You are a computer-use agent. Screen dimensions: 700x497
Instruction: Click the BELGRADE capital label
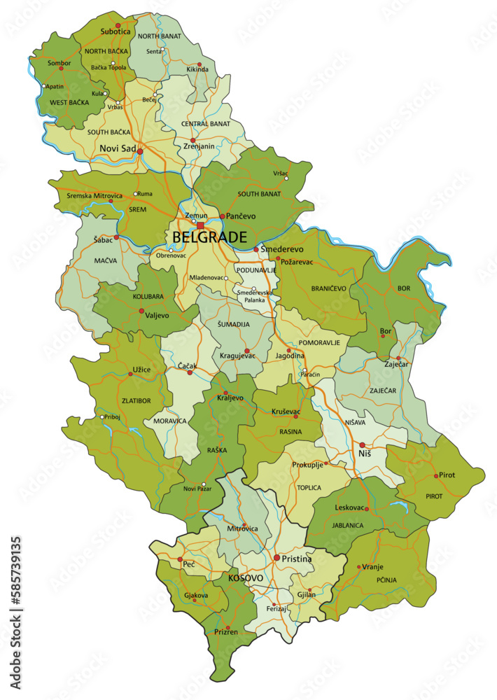click(209, 237)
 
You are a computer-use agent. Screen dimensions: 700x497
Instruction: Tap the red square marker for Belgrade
click(200, 225)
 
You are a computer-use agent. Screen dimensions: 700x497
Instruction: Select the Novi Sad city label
click(118, 148)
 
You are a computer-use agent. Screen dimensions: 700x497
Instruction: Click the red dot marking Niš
click(362, 444)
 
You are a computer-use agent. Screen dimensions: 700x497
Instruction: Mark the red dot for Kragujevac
click(246, 351)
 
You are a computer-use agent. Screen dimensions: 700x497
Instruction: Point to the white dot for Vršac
click(286, 178)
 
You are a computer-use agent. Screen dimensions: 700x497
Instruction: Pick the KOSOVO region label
click(246, 579)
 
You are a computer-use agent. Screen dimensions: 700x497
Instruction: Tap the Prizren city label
click(223, 632)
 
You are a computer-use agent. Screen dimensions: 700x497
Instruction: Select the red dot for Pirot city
click(436, 476)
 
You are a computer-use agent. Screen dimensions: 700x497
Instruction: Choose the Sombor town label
click(59, 63)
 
